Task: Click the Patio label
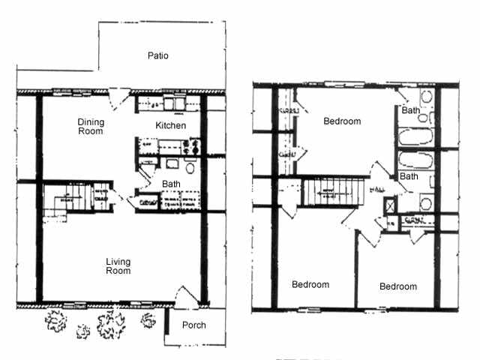(157, 55)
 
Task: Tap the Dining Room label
(91, 127)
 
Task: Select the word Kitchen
(170, 125)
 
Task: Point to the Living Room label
(118, 266)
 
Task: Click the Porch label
(193, 325)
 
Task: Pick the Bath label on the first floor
(171, 183)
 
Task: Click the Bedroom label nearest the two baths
(342, 121)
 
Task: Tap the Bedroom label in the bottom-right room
(397, 286)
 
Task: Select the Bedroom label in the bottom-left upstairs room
(310, 285)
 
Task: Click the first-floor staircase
(72, 198)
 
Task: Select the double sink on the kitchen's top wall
(171, 103)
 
